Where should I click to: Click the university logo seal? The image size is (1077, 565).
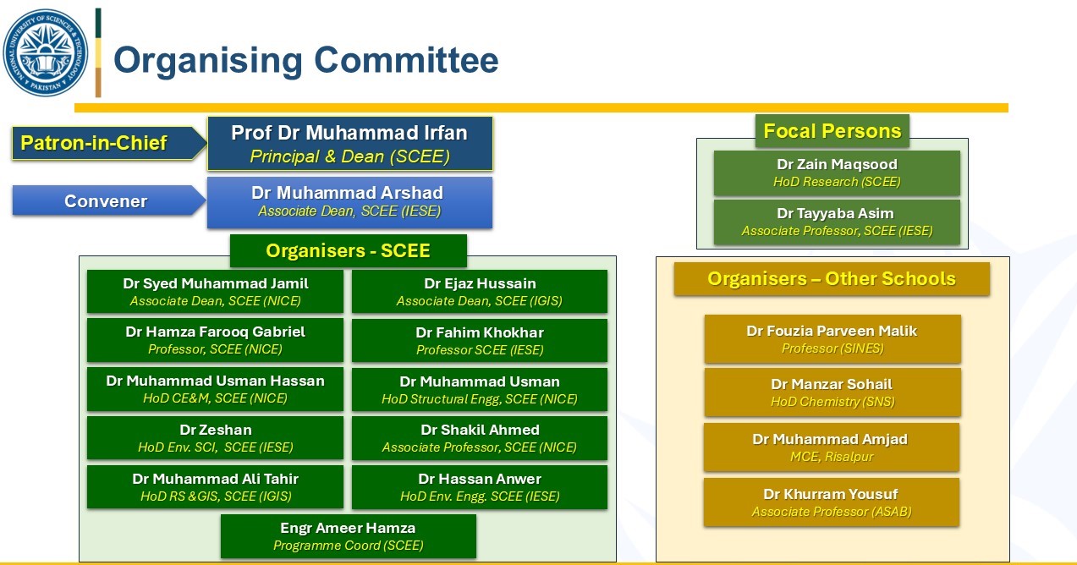click(x=46, y=52)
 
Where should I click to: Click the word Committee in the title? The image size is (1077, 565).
click(x=406, y=60)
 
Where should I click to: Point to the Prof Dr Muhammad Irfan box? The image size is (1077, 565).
click(x=350, y=144)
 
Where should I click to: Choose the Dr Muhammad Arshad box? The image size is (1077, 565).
click(x=349, y=202)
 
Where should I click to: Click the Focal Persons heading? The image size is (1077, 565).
click(x=832, y=131)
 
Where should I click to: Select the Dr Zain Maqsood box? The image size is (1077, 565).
click(x=837, y=173)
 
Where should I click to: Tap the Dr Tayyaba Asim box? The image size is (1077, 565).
click(x=837, y=222)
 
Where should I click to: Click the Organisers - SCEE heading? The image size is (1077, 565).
click(x=348, y=250)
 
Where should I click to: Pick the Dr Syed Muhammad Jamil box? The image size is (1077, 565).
click(x=215, y=292)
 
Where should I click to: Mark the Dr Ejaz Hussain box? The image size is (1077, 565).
click(x=480, y=292)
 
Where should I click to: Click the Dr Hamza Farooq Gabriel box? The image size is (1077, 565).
click(x=215, y=340)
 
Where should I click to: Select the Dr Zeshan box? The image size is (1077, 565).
click(x=215, y=438)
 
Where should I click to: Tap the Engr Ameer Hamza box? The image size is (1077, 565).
click(x=348, y=536)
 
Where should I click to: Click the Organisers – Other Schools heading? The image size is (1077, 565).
click(x=832, y=279)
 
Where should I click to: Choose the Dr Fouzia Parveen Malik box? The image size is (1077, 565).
click(x=832, y=339)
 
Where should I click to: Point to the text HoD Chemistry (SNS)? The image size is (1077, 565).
click(x=832, y=402)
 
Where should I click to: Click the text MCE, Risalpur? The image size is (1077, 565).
click(x=832, y=457)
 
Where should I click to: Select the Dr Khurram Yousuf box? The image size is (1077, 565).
click(x=832, y=502)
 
